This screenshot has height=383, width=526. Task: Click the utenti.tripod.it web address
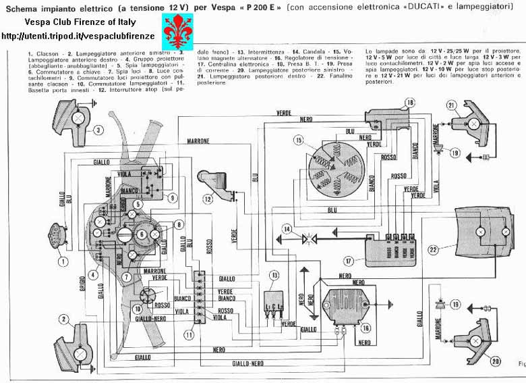tap(79, 34)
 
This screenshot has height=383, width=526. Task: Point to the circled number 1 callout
tap(63, 260)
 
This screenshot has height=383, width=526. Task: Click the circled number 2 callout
tap(63, 319)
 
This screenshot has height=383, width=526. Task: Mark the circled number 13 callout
tap(274, 275)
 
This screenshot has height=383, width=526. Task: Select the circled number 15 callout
tap(299, 140)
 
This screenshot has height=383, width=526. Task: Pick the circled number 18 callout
tap(408, 102)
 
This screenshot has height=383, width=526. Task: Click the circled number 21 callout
tap(451, 104)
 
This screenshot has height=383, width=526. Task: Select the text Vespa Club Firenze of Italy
tap(79, 22)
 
